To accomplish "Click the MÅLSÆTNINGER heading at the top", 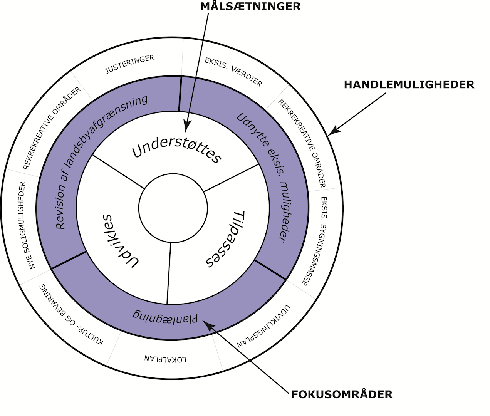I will click(x=250, y=7).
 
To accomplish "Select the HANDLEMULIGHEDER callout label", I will click(x=409, y=85).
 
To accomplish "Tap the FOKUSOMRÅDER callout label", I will click(x=342, y=394).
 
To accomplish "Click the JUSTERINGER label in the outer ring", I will click(x=130, y=65).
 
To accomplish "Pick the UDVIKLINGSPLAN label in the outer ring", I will click(x=263, y=327).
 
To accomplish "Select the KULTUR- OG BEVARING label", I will click(x=71, y=314).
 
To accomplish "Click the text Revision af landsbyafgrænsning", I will click(x=101, y=162).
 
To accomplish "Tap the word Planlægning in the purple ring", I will click(x=165, y=315).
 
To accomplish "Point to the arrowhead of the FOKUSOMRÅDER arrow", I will click(x=208, y=325).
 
